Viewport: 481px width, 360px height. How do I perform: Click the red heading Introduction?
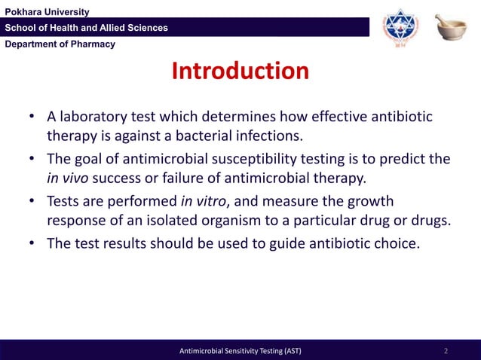click(x=240, y=72)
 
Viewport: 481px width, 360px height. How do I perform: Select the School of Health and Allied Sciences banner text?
click(x=87, y=28)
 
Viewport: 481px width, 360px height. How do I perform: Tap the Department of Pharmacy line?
click(x=60, y=44)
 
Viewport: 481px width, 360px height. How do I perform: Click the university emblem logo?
click(x=399, y=28)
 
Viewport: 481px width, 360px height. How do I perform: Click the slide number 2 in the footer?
click(x=446, y=351)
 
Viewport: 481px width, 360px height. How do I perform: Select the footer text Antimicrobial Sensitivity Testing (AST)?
click(x=240, y=351)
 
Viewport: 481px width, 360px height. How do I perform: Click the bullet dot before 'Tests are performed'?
click(x=33, y=203)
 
